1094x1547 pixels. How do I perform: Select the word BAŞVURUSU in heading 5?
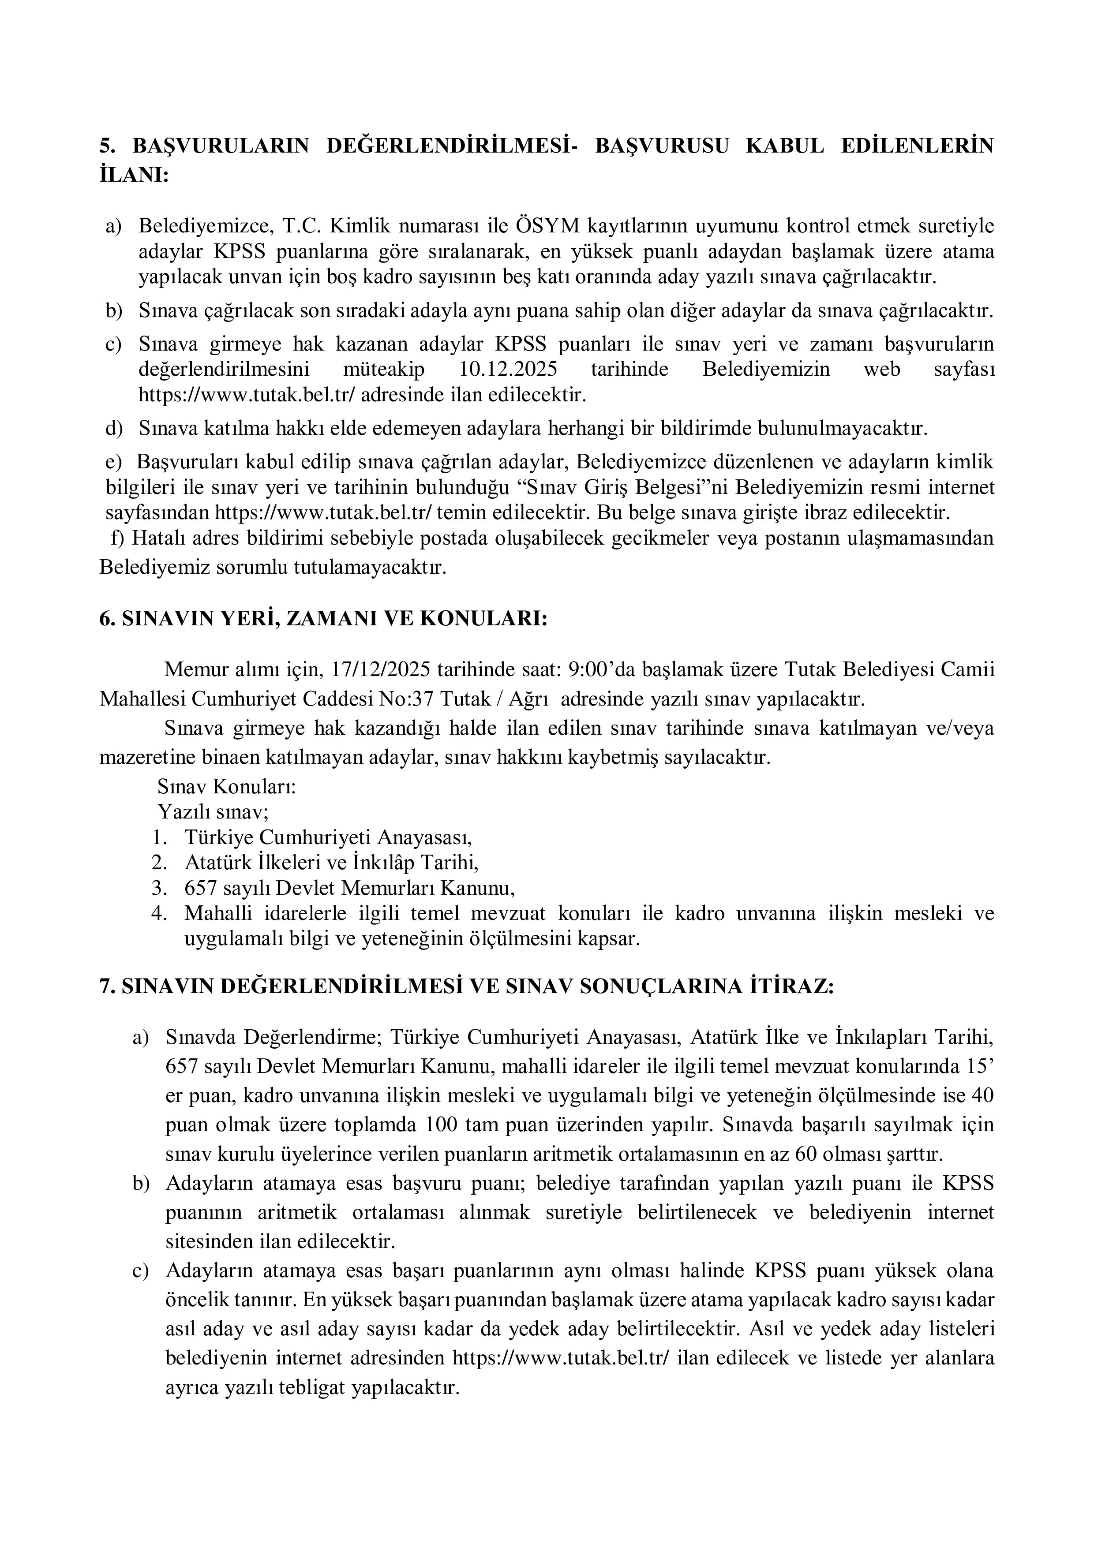[662, 146]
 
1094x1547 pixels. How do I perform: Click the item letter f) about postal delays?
[118, 539]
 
